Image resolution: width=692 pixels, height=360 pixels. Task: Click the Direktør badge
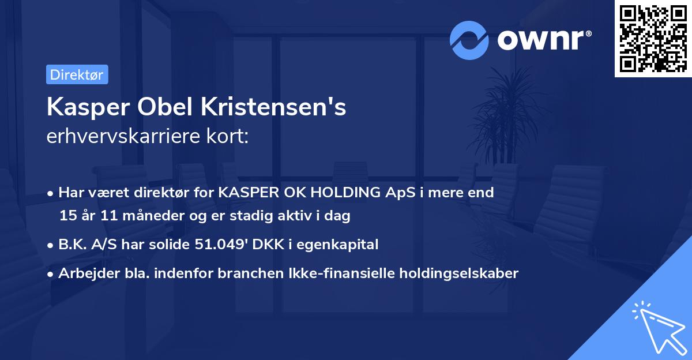[77, 75]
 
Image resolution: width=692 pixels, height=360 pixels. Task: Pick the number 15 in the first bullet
[67, 216]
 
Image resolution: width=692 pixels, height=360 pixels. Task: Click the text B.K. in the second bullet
[72, 245]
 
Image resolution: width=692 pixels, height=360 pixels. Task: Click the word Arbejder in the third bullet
[84, 273]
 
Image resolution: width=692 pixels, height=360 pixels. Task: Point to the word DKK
[266, 245]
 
